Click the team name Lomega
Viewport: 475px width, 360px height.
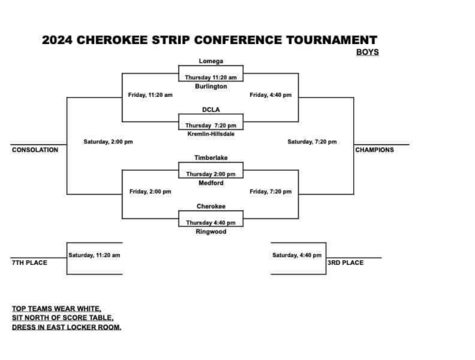tap(211, 61)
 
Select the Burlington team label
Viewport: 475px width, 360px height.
tap(211, 86)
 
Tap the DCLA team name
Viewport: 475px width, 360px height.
tap(211, 110)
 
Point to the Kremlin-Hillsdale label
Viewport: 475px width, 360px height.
tap(211, 134)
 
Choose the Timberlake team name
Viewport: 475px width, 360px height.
tap(211, 158)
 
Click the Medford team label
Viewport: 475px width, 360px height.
tap(211, 183)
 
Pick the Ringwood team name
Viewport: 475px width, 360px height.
tap(211, 231)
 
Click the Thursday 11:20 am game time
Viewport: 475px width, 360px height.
tap(211, 77)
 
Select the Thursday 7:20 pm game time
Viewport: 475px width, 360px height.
tap(211, 125)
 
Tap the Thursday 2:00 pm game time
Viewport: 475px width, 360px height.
tap(211, 174)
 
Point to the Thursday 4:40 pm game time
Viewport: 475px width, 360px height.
tap(211, 223)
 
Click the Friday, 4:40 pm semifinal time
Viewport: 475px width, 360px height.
tap(270, 95)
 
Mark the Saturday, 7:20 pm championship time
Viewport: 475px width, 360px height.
tap(312, 142)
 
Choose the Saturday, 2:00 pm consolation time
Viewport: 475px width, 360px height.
tap(108, 142)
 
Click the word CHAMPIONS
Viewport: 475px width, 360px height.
tap(374, 150)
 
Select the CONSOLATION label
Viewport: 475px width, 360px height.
tap(35, 150)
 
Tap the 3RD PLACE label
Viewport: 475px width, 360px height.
tap(345, 263)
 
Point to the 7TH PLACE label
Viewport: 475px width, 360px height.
tap(30, 263)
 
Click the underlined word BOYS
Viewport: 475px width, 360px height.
tap(367, 52)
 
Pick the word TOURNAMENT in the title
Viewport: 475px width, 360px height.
tap(332, 40)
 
